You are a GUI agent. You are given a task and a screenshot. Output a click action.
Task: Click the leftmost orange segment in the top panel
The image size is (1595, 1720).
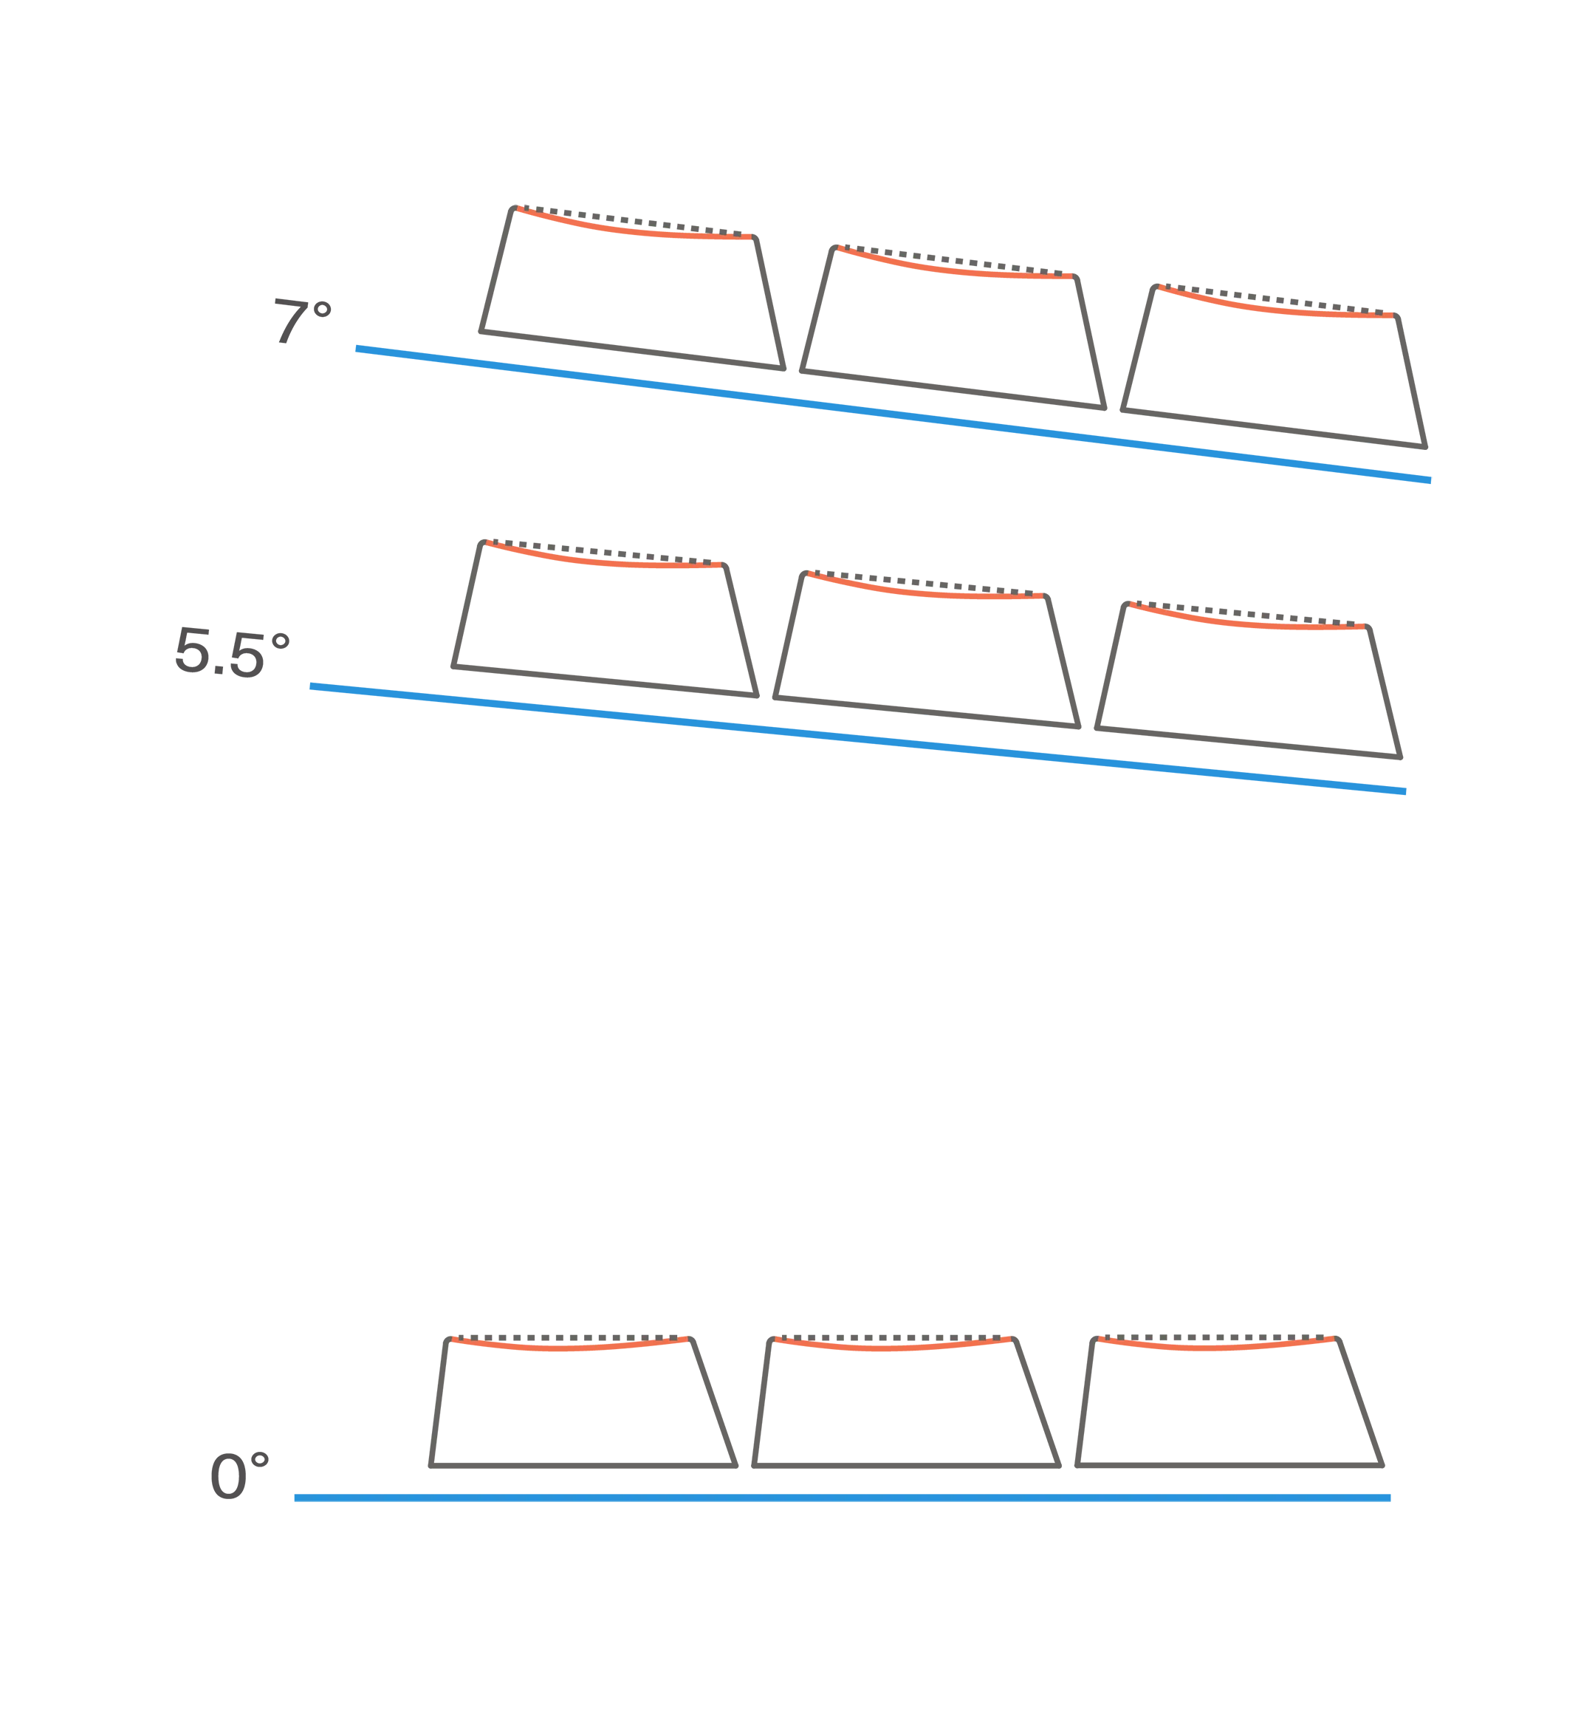tap(634, 226)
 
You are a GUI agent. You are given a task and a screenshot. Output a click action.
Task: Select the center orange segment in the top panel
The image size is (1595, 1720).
tap(955, 267)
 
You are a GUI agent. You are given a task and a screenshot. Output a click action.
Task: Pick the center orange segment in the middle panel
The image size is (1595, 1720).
tap(925, 590)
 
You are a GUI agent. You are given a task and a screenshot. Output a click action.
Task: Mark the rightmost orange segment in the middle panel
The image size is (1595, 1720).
tap(1246, 620)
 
